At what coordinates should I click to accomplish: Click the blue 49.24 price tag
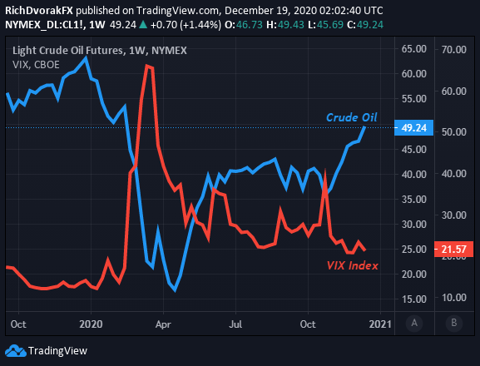click(x=414, y=127)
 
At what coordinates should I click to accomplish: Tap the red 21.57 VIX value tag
click(x=453, y=249)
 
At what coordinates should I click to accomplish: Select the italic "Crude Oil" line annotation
click(x=351, y=117)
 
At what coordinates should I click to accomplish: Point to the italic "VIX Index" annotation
click(x=353, y=265)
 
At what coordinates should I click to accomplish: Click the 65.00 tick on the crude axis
click(x=414, y=49)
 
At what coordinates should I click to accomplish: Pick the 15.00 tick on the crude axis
click(x=414, y=299)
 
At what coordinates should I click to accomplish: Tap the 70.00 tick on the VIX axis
click(x=454, y=50)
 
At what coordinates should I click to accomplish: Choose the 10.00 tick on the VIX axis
click(x=454, y=298)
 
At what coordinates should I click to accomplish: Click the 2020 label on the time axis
click(x=91, y=324)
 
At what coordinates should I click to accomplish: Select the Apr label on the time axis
click(x=163, y=324)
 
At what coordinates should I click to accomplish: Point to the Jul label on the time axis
click(x=235, y=324)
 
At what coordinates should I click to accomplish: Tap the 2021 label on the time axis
click(x=380, y=324)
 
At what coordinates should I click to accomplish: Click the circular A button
click(x=414, y=323)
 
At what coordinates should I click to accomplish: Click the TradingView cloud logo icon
click(x=16, y=351)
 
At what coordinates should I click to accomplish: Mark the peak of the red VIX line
click(x=147, y=65)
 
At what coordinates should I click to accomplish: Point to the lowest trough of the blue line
click(x=175, y=290)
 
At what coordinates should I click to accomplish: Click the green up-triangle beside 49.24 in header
click(x=143, y=25)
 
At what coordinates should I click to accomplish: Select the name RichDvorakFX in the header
click(x=39, y=11)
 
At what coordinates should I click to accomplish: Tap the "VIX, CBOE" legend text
click(x=36, y=65)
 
